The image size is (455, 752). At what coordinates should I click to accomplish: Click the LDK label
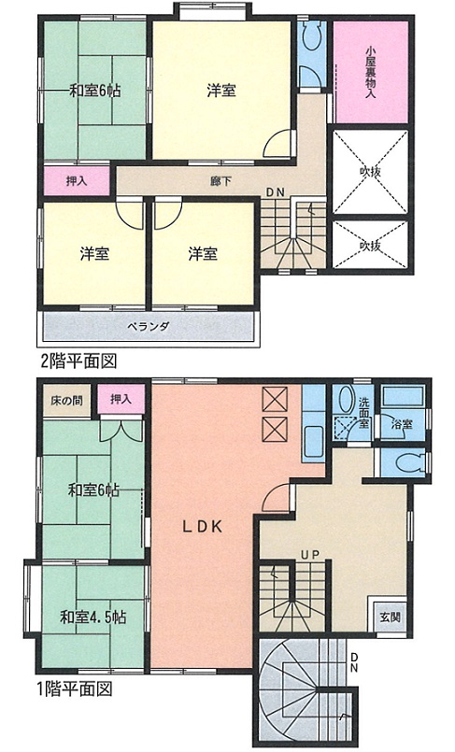click(202, 527)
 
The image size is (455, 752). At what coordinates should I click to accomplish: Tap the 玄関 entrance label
click(390, 617)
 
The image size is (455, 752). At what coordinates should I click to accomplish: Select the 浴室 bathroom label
click(401, 424)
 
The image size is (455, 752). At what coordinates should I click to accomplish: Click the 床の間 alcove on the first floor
click(67, 400)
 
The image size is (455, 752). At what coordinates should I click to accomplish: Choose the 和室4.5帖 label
click(93, 617)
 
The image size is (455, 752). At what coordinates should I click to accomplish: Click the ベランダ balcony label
click(149, 327)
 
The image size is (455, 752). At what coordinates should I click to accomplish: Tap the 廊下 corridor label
click(220, 181)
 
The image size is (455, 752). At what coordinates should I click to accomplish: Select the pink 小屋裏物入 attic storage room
click(371, 72)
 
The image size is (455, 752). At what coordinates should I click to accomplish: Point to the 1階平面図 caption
click(75, 689)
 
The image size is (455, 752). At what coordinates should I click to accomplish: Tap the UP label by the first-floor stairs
click(310, 555)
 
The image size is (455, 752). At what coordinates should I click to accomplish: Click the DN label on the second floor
click(276, 192)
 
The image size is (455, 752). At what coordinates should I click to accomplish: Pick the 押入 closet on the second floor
click(77, 181)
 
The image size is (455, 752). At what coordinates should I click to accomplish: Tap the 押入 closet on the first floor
click(121, 399)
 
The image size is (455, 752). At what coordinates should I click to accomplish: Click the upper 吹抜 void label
click(371, 171)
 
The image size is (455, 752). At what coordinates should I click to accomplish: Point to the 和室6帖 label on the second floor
click(95, 91)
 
